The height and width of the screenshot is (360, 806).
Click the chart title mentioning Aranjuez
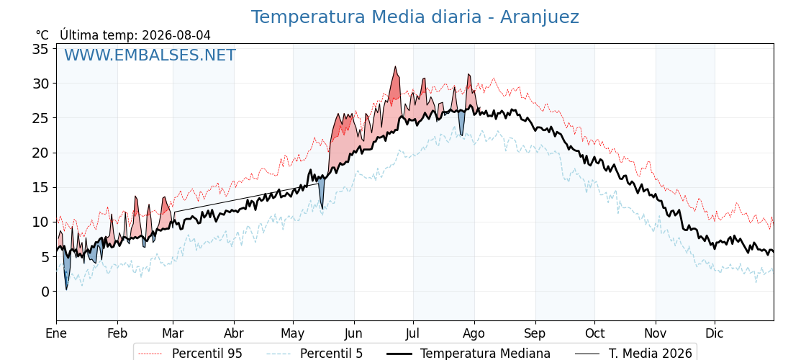coord(415,17)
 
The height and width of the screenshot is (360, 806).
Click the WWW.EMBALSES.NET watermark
coord(150,55)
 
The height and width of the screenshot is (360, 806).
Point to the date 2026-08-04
coord(176,35)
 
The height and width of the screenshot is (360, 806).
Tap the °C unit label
coord(42,35)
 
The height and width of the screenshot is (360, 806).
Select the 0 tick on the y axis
coord(45,292)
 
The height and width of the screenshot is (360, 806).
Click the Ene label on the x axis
coord(57,333)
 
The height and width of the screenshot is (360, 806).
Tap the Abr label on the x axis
coord(234,333)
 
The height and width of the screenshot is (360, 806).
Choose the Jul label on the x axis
coord(413,333)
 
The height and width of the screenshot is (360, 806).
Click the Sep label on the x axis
coord(535,333)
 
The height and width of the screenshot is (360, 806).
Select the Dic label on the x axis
coord(715,333)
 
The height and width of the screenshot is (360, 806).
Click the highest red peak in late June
coord(395,67)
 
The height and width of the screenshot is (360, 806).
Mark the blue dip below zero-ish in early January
coord(66,289)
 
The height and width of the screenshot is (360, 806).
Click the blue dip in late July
coord(461,135)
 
